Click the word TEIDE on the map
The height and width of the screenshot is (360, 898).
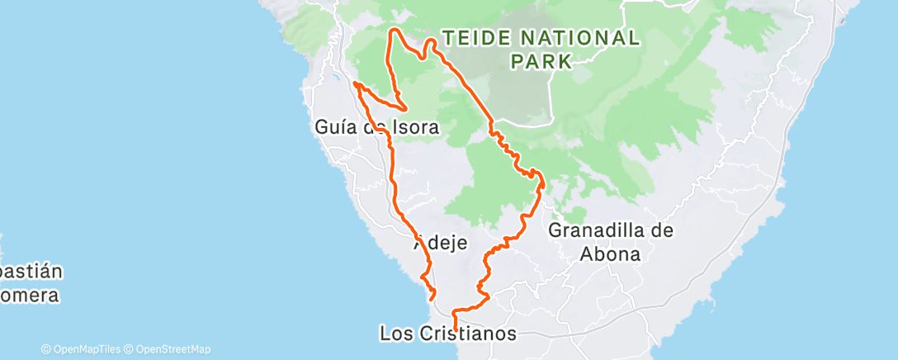click(480, 38)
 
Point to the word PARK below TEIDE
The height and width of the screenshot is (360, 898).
click(541, 61)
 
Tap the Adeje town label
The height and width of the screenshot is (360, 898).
click(440, 244)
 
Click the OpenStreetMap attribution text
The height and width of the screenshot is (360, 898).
click(168, 349)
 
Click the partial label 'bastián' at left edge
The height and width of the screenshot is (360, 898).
click(31, 272)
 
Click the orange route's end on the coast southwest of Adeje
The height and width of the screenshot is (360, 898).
click(433, 296)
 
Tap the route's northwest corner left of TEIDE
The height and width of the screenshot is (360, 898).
click(392, 31)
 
